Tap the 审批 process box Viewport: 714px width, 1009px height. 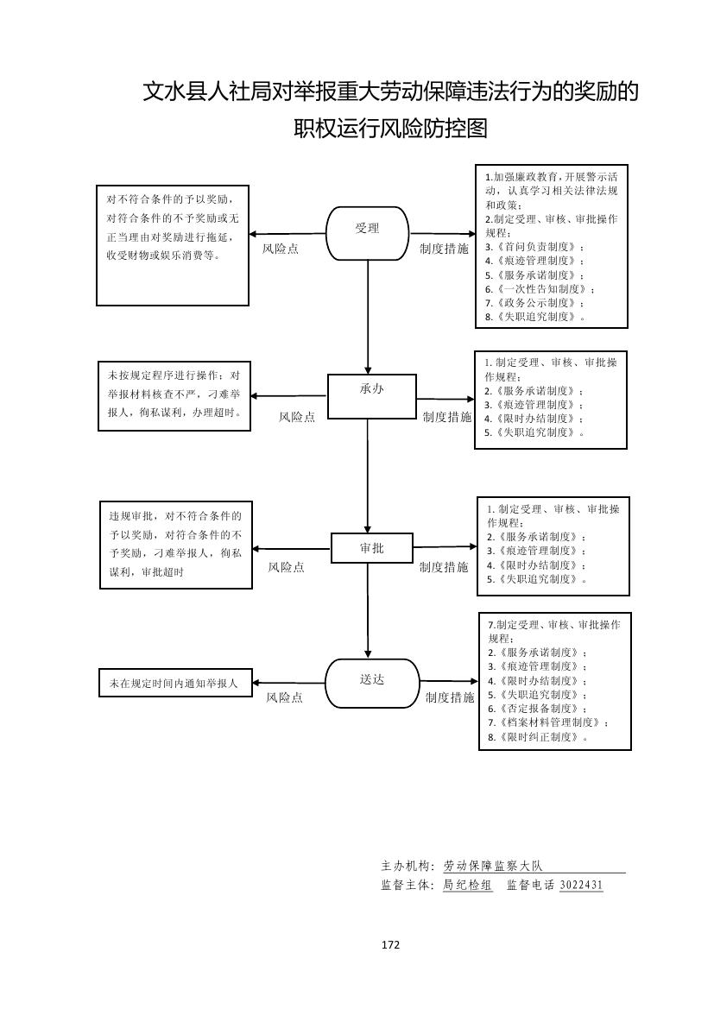pyautogui.click(x=371, y=549)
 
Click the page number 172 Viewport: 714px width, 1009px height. pyautogui.click(x=390, y=945)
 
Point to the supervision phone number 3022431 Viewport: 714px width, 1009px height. pyautogui.click(x=581, y=886)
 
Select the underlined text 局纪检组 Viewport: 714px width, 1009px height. pyautogui.click(x=468, y=886)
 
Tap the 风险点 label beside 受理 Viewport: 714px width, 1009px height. pyautogui.click(x=281, y=249)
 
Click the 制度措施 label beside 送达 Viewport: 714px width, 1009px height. pyautogui.click(x=450, y=697)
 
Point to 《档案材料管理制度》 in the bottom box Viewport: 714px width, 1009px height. pyautogui.click(x=548, y=722)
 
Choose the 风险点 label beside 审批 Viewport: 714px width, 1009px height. pyautogui.click(x=286, y=567)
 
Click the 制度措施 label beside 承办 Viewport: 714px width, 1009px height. pyautogui.click(x=447, y=417)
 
